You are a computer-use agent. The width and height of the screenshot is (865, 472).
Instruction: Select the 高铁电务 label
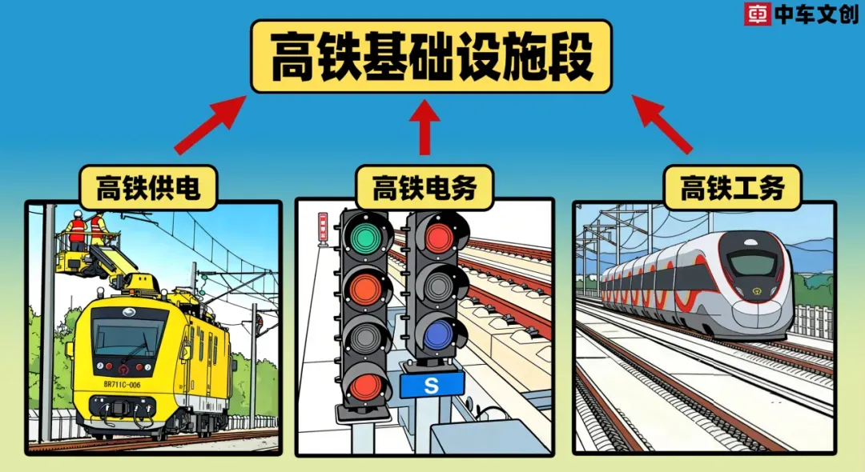point(424,188)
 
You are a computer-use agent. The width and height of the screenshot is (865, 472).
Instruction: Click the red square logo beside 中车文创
point(757,14)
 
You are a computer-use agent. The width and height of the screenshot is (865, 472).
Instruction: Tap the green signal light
point(366,236)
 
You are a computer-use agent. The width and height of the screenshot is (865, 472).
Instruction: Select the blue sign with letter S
point(432,386)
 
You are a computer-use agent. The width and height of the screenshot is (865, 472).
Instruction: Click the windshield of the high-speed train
point(752,263)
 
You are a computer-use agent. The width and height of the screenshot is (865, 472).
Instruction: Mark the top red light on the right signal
point(439,237)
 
